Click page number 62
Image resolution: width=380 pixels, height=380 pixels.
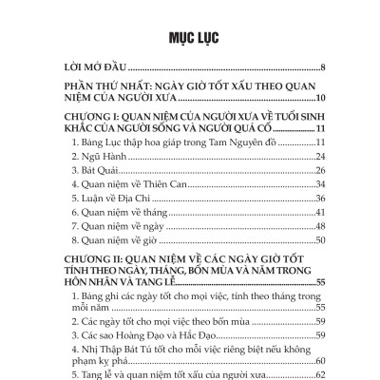coord(320,374)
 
